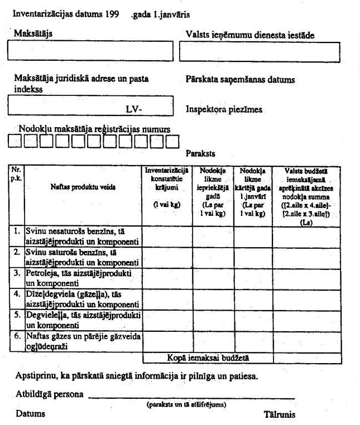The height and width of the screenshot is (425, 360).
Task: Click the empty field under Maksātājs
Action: tap(90, 51)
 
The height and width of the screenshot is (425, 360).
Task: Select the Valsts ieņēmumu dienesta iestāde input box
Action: tap(262, 52)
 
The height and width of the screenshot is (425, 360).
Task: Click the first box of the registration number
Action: tap(15, 142)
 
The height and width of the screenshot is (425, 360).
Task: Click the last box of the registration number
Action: tap(172, 142)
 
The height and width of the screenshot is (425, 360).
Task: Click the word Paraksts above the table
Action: tap(200, 153)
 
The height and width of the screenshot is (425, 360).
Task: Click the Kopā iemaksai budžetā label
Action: tap(207, 358)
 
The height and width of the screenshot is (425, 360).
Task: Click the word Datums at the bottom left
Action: tap(30, 414)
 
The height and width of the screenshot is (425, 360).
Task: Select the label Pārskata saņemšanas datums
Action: tap(240, 80)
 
